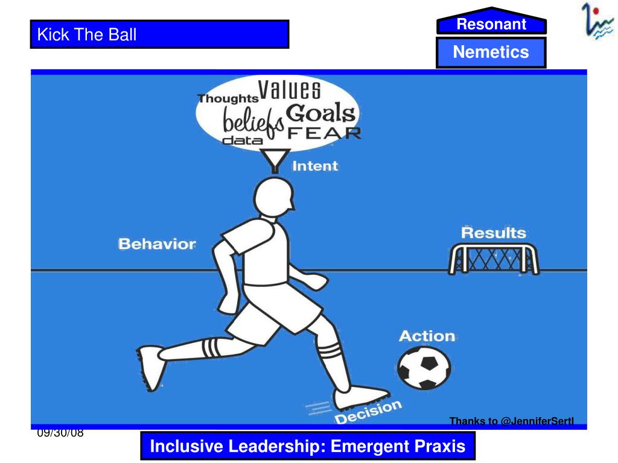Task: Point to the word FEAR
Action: pyautogui.click(x=324, y=133)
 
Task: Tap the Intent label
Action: pyautogui.click(x=315, y=166)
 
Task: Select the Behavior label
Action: pyautogui.click(x=157, y=244)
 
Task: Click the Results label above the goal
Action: pyautogui.click(x=493, y=233)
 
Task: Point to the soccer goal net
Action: pyautogui.click(x=493, y=259)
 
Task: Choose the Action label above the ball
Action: pyautogui.click(x=427, y=335)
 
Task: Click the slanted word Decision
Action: pyautogui.click(x=368, y=412)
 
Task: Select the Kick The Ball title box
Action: pyautogui.click(x=160, y=34)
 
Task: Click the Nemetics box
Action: pyautogui.click(x=491, y=52)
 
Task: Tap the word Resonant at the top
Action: pyautogui.click(x=491, y=24)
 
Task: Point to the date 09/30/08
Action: pyautogui.click(x=59, y=433)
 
